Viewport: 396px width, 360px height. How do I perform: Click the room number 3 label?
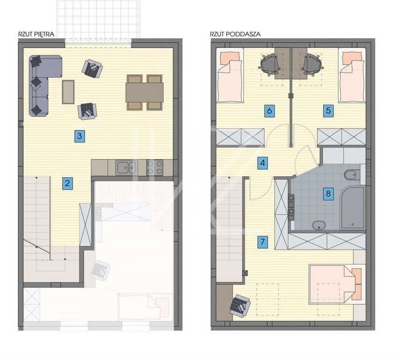(x=80, y=136)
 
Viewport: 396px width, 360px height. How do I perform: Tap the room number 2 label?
(x=67, y=183)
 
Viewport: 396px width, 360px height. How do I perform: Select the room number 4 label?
(x=262, y=163)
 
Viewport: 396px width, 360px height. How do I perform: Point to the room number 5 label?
(x=329, y=111)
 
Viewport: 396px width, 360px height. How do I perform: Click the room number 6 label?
(x=269, y=111)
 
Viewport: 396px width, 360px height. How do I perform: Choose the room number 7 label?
(x=262, y=242)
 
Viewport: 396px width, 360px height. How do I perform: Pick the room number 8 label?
(x=329, y=194)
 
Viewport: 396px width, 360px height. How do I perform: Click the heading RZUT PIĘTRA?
(x=37, y=34)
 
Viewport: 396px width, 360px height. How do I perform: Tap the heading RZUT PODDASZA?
(x=235, y=34)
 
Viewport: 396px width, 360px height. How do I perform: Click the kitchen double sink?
(x=127, y=167)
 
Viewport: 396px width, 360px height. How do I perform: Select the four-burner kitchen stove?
(x=155, y=167)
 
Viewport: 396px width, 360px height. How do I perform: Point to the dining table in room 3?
(x=144, y=92)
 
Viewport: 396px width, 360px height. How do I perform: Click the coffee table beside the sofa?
(x=68, y=92)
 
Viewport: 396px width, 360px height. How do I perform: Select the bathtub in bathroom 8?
(x=352, y=208)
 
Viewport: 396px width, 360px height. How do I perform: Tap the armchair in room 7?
(x=240, y=306)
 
